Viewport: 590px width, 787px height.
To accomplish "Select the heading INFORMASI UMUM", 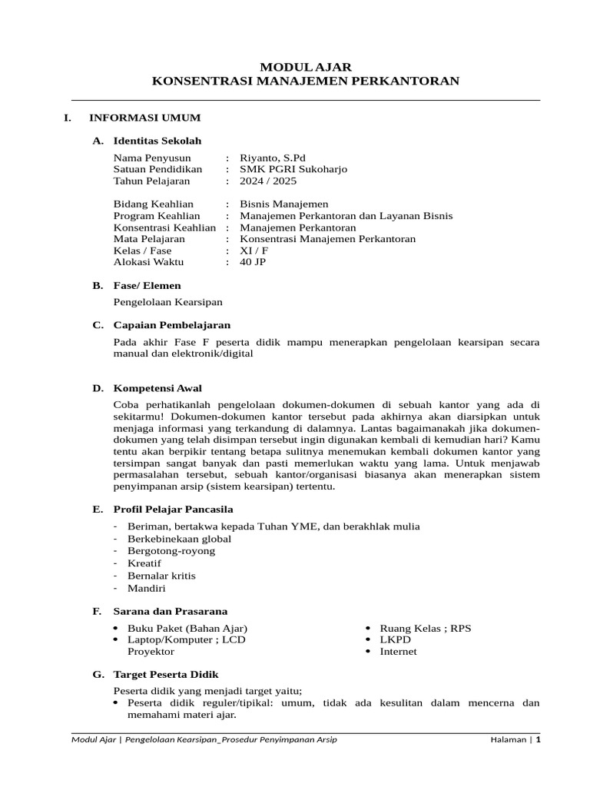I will [x=144, y=118].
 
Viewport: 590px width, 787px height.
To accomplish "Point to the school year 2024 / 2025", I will [x=267, y=181].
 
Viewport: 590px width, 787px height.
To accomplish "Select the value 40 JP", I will [x=253, y=262].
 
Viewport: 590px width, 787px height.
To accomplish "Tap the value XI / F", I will [x=254, y=251].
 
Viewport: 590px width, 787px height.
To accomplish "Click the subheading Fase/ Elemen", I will [x=147, y=285].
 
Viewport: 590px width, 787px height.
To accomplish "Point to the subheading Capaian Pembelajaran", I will [x=171, y=325].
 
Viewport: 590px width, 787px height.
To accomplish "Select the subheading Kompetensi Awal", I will [x=157, y=388].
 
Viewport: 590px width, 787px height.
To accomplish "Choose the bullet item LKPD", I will [x=396, y=639].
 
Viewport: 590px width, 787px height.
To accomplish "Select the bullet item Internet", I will [x=398, y=651].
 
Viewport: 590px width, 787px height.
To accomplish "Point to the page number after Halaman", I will [x=539, y=739].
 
